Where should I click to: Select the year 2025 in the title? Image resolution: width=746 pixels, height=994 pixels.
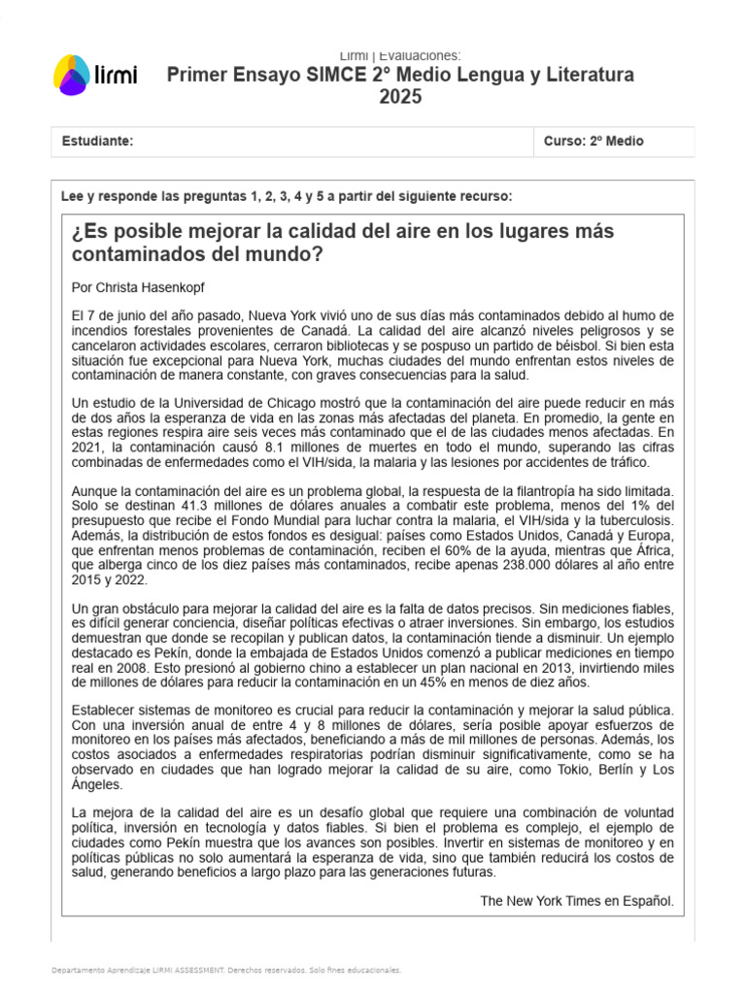(x=400, y=97)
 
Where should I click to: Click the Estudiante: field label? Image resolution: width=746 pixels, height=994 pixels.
(x=97, y=142)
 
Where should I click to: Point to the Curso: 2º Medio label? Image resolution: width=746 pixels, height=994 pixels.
(x=593, y=142)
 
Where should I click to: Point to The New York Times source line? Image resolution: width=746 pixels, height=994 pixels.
(x=576, y=901)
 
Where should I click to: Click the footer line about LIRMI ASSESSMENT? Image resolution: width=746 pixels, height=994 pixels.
(x=224, y=970)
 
